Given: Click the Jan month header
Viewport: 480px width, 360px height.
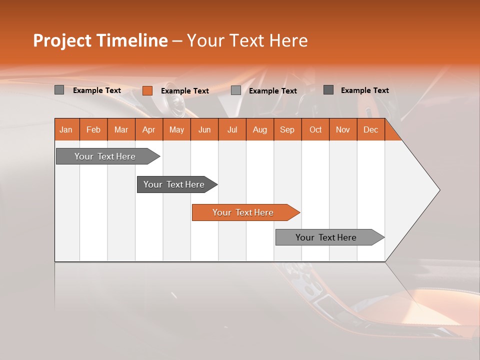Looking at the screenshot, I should [x=66, y=129].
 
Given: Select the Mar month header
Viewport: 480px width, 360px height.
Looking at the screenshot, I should [x=121, y=129].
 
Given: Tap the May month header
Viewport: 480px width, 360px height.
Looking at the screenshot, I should [x=176, y=129].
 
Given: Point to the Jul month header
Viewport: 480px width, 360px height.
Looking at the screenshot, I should [x=232, y=129].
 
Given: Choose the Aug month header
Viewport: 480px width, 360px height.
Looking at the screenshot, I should [x=260, y=129].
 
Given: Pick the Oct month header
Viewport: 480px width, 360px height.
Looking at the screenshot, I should [x=315, y=129].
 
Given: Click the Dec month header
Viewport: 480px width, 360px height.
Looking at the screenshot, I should [x=370, y=129].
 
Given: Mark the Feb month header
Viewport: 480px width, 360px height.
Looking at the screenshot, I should [x=93, y=129].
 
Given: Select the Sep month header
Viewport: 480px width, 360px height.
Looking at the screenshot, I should [x=287, y=129].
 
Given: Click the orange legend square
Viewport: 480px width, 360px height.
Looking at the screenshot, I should [x=147, y=90].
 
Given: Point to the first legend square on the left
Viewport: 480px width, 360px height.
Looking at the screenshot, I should [x=59, y=90].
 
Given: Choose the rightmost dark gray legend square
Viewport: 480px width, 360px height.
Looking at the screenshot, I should [x=328, y=90].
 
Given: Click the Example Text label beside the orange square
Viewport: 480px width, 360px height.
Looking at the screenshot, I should [x=185, y=91].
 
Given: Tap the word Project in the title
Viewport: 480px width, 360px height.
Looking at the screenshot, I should [x=61, y=40].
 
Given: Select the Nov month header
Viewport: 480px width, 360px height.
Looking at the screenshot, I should [x=343, y=129].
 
